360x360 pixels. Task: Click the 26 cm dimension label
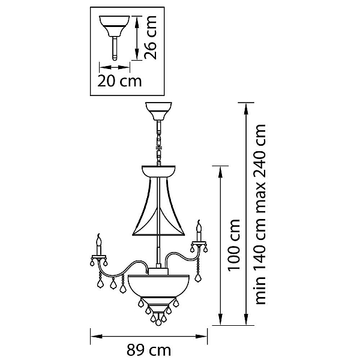click(x=151, y=38)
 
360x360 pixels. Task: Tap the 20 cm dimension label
click(x=119, y=81)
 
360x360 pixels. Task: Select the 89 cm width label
click(x=149, y=350)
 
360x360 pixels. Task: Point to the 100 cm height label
click(x=233, y=245)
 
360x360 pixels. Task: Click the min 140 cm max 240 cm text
click(x=260, y=214)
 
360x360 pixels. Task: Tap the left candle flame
click(x=99, y=239)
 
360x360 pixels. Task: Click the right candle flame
click(x=199, y=226)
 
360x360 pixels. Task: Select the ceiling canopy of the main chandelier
click(x=158, y=112)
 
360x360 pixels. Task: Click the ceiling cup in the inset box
click(x=115, y=26)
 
